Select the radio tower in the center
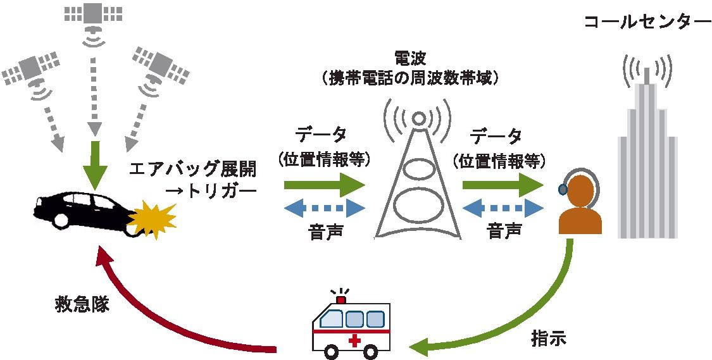[417, 183]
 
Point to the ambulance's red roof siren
[342, 297]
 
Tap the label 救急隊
[82, 304]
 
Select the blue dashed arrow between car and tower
[324, 208]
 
